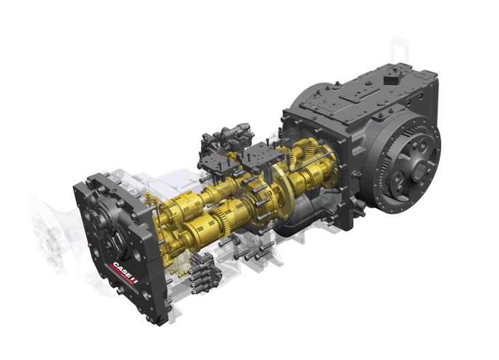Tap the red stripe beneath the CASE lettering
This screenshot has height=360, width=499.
pos(121,279)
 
